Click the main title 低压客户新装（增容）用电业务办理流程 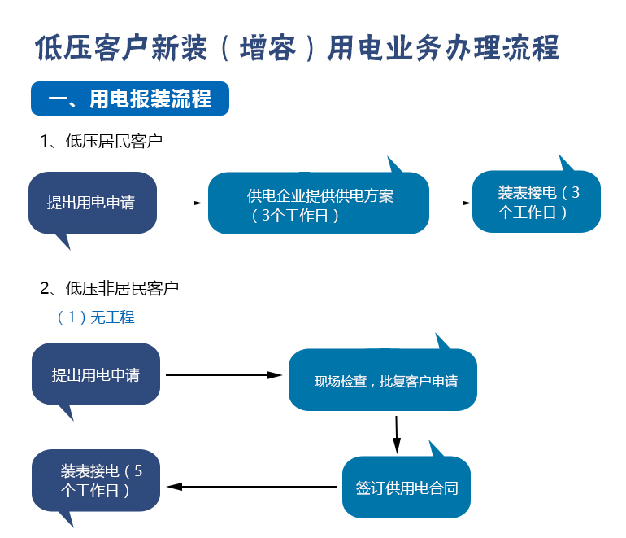297,48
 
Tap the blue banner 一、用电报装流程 130,98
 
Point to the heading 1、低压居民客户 102,141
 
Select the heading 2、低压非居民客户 110,288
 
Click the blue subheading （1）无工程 96,317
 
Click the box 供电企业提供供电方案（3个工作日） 319,203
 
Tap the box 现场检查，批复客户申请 382,380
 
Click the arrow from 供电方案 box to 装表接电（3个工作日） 451,203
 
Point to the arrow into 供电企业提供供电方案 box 182,203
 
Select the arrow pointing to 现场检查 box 224,375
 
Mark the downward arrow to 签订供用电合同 397,435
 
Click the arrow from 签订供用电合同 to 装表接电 252,487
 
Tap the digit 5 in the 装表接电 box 138,471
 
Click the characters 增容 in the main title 267,48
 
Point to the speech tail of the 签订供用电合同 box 435,449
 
